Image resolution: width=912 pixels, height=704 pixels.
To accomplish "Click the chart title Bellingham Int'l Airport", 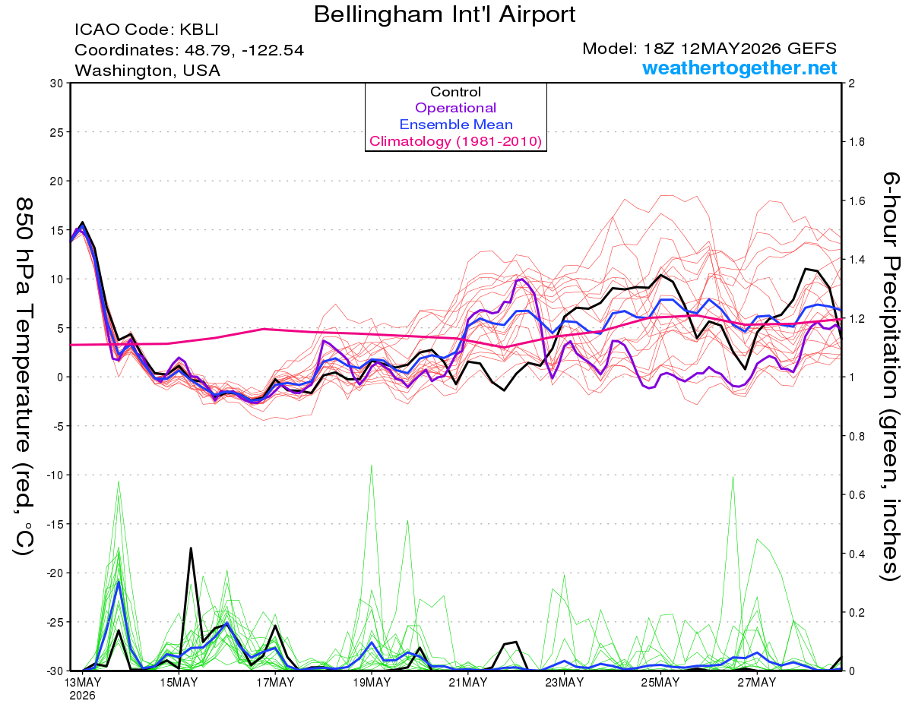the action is click(445, 14).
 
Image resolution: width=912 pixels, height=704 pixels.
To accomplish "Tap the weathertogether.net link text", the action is click(739, 68).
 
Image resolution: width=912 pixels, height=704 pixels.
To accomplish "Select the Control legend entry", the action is click(455, 92).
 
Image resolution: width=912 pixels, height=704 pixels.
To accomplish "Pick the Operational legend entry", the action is click(455, 108).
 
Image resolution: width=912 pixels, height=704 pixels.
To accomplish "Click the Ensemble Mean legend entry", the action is click(456, 125).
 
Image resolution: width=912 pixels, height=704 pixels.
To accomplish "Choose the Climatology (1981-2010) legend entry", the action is click(455, 141).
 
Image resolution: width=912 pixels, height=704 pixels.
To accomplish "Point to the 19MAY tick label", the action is click(372, 683).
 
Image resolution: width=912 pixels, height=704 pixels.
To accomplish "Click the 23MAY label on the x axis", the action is click(564, 683).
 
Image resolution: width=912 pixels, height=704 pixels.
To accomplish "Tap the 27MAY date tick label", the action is click(757, 683).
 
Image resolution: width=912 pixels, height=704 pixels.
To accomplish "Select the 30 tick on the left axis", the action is click(57, 84).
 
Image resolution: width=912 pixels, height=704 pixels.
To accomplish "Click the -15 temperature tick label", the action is click(55, 524).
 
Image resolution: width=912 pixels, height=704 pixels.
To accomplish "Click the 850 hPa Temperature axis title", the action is click(24, 377).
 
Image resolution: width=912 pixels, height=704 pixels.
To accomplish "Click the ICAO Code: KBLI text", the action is click(147, 30).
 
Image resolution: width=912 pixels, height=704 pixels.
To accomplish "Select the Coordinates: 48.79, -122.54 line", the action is click(189, 50).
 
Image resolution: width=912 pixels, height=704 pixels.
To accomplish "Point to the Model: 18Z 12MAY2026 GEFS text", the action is click(709, 49).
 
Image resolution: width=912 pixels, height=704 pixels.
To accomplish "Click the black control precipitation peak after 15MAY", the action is click(191, 548).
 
